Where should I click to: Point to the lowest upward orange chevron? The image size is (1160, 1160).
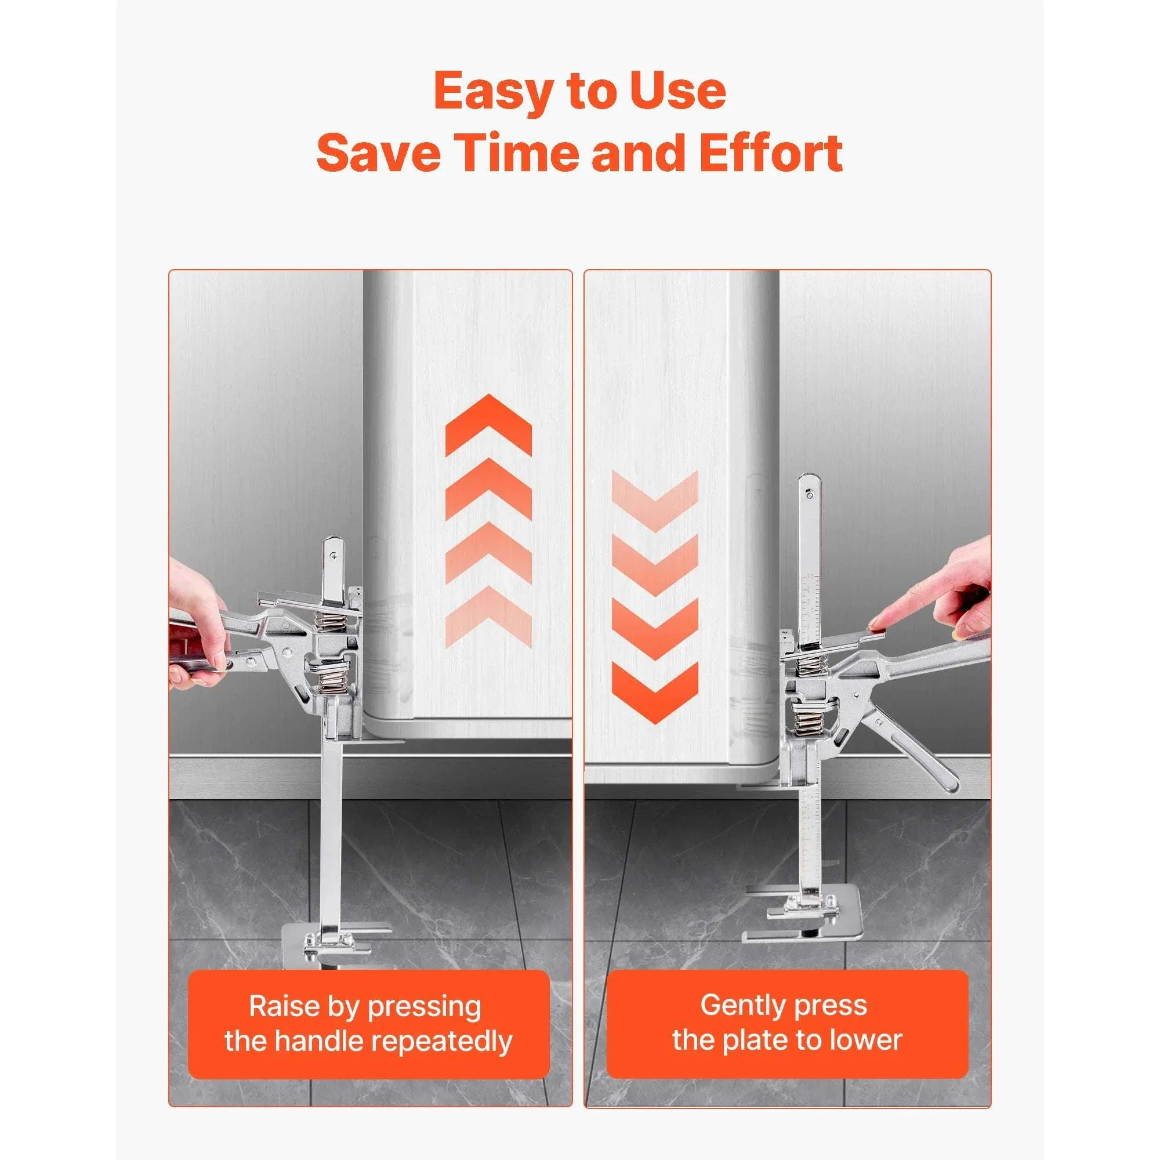(x=489, y=617)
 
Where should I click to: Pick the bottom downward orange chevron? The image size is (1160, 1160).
(x=655, y=693)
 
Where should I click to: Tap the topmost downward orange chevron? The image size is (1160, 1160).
(x=655, y=501)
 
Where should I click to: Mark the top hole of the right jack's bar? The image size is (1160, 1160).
(x=809, y=495)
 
